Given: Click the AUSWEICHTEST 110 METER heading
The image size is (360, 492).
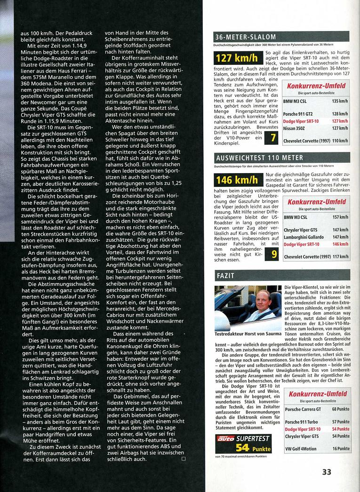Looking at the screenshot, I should click(x=259, y=158).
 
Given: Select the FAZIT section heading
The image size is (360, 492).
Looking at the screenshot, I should click(x=225, y=274).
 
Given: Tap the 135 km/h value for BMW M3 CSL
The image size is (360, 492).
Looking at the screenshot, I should click(x=340, y=102).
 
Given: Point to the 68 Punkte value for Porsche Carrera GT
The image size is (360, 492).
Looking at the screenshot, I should click(x=340, y=409).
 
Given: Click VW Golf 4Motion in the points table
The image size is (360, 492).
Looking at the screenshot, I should click(x=301, y=449).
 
